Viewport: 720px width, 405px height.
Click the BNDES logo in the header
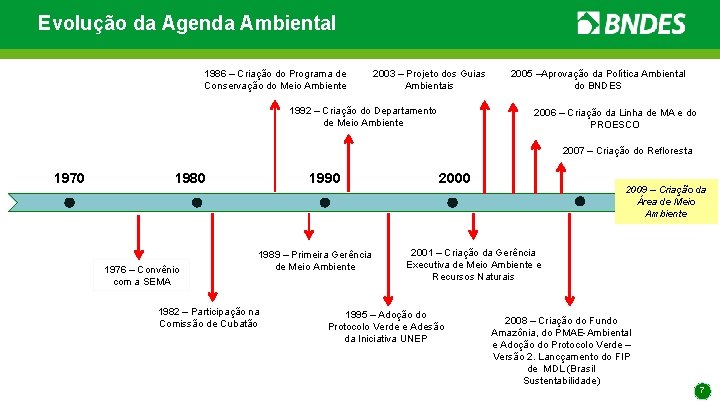631,23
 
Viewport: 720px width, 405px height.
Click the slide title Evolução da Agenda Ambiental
187,22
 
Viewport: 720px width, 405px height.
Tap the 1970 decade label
69,178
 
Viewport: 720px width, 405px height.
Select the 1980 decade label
190,178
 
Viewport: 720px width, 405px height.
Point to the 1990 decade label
323,178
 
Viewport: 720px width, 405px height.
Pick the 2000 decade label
453,177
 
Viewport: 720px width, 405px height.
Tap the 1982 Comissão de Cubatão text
209,317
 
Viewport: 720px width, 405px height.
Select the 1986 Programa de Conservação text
276,79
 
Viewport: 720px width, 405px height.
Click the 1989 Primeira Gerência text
315,260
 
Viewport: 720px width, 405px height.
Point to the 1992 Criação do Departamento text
363,116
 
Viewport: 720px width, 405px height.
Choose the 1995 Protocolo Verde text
386,326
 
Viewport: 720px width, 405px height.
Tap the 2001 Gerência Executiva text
474,264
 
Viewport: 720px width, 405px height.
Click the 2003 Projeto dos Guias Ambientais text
429,79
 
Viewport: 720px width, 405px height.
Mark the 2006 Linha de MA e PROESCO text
615,118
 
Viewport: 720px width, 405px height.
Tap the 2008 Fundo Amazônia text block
562,350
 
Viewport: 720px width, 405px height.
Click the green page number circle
703,389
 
